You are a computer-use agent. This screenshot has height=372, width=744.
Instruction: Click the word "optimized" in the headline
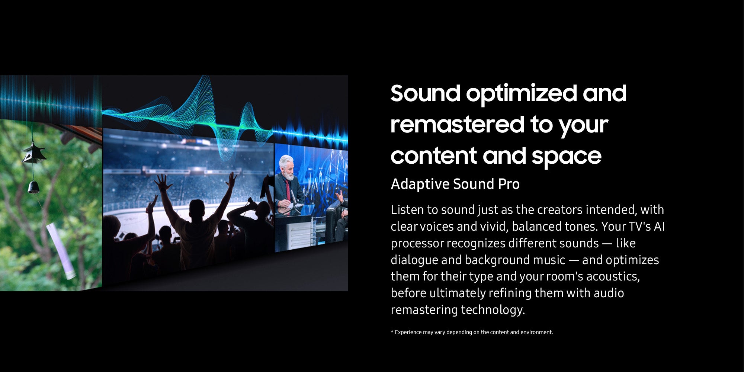[522, 94]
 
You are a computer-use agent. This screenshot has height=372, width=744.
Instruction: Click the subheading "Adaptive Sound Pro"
[455, 184]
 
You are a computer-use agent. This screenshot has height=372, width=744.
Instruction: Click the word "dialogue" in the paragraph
[414, 260]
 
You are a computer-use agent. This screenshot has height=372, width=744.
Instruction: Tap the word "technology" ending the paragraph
[493, 310]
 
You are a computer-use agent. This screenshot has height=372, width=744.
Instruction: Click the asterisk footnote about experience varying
[472, 332]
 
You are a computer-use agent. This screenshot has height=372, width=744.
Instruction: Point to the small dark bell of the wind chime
[33, 187]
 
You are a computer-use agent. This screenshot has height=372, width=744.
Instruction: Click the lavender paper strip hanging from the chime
[61, 251]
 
